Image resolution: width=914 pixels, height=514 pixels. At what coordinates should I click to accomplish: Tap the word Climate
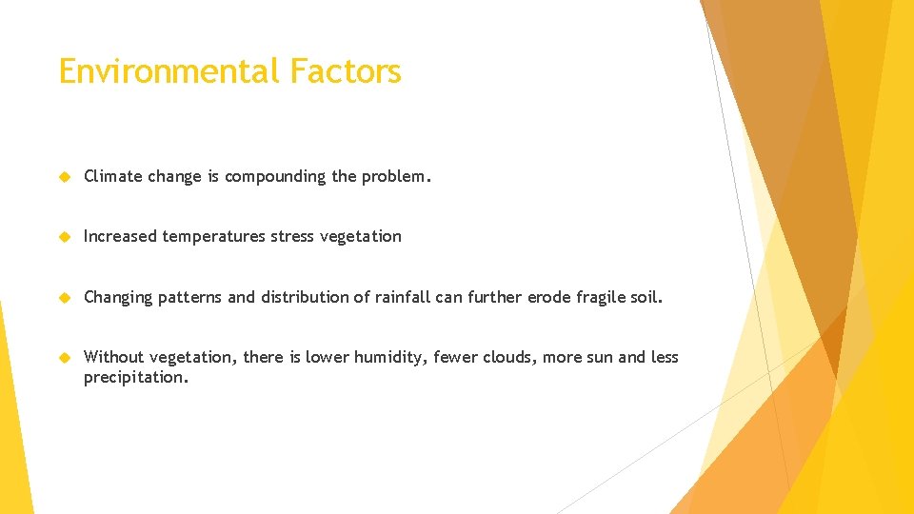pos(113,176)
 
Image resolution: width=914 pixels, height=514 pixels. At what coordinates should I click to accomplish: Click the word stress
pos(292,236)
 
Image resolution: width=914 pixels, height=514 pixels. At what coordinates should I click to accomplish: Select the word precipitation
pos(136,378)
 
